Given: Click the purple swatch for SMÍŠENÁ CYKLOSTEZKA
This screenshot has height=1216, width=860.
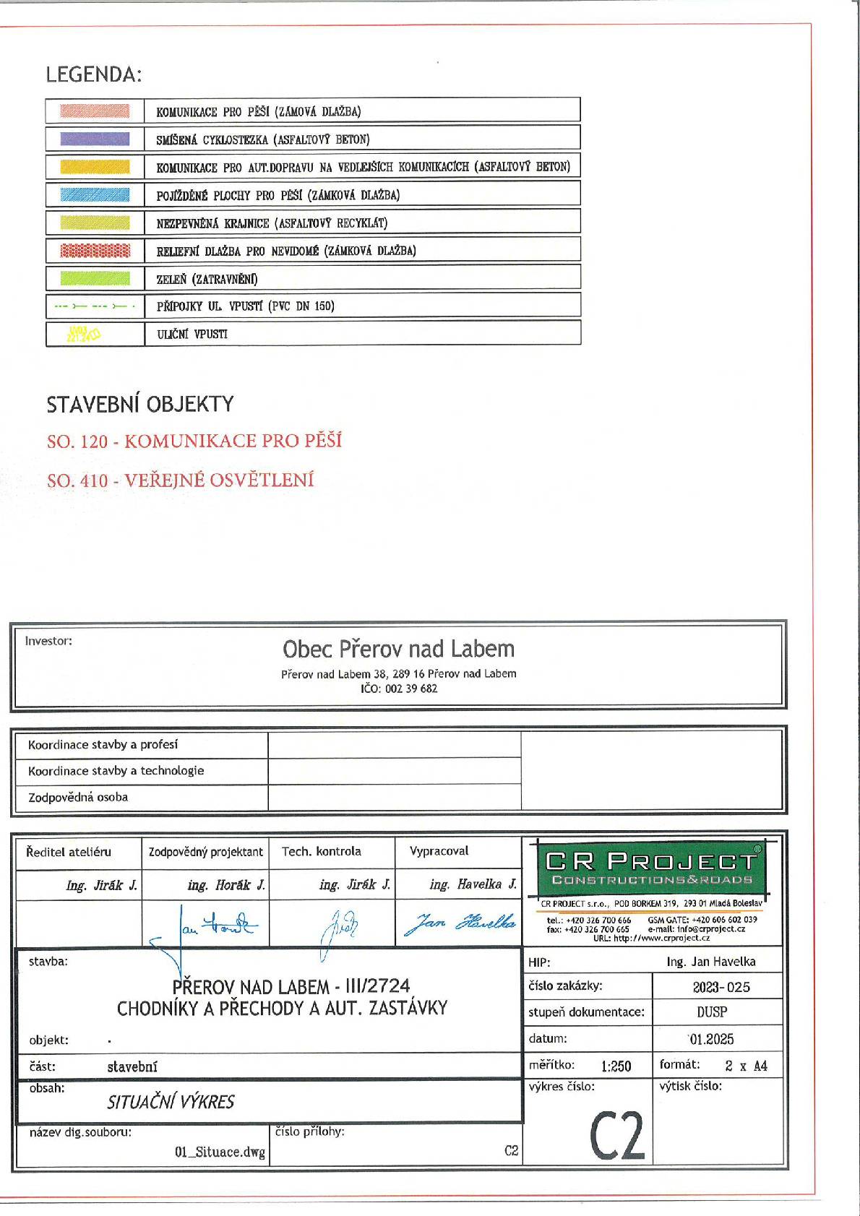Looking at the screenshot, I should [95, 139].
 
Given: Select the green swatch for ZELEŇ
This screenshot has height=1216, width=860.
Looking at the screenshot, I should [95, 278].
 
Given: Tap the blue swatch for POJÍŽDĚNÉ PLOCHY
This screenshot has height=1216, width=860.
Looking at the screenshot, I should [95, 194].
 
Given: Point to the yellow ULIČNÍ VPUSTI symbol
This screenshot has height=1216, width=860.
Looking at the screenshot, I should [84, 334].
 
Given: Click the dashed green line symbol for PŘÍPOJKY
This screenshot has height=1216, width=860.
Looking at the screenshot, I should [94, 306].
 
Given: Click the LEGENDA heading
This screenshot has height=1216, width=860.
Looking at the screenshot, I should [94, 74].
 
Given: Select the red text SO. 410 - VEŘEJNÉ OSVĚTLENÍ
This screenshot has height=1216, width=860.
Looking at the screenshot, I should [181, 480].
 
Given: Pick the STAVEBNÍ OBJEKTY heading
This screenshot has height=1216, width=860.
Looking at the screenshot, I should [140, 404].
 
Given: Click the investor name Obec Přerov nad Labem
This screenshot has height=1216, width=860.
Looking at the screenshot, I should [398, 649].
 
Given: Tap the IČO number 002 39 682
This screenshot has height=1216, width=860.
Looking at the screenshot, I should [399, 689].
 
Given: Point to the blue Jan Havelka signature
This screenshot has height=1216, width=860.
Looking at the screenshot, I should [461, 923].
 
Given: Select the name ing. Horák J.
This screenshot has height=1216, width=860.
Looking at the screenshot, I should [226, 885].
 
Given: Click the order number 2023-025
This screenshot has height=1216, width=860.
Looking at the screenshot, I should [721, 987].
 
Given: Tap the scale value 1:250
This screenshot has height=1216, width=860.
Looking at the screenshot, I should [616, 1066].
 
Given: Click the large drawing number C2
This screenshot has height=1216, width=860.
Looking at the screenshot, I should [616, 1135].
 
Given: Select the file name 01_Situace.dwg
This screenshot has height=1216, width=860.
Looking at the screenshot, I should [220, 1152].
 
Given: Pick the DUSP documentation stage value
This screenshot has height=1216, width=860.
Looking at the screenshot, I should [712, 1013].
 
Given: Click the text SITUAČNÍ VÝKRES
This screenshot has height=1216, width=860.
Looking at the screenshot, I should [171, 1102].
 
